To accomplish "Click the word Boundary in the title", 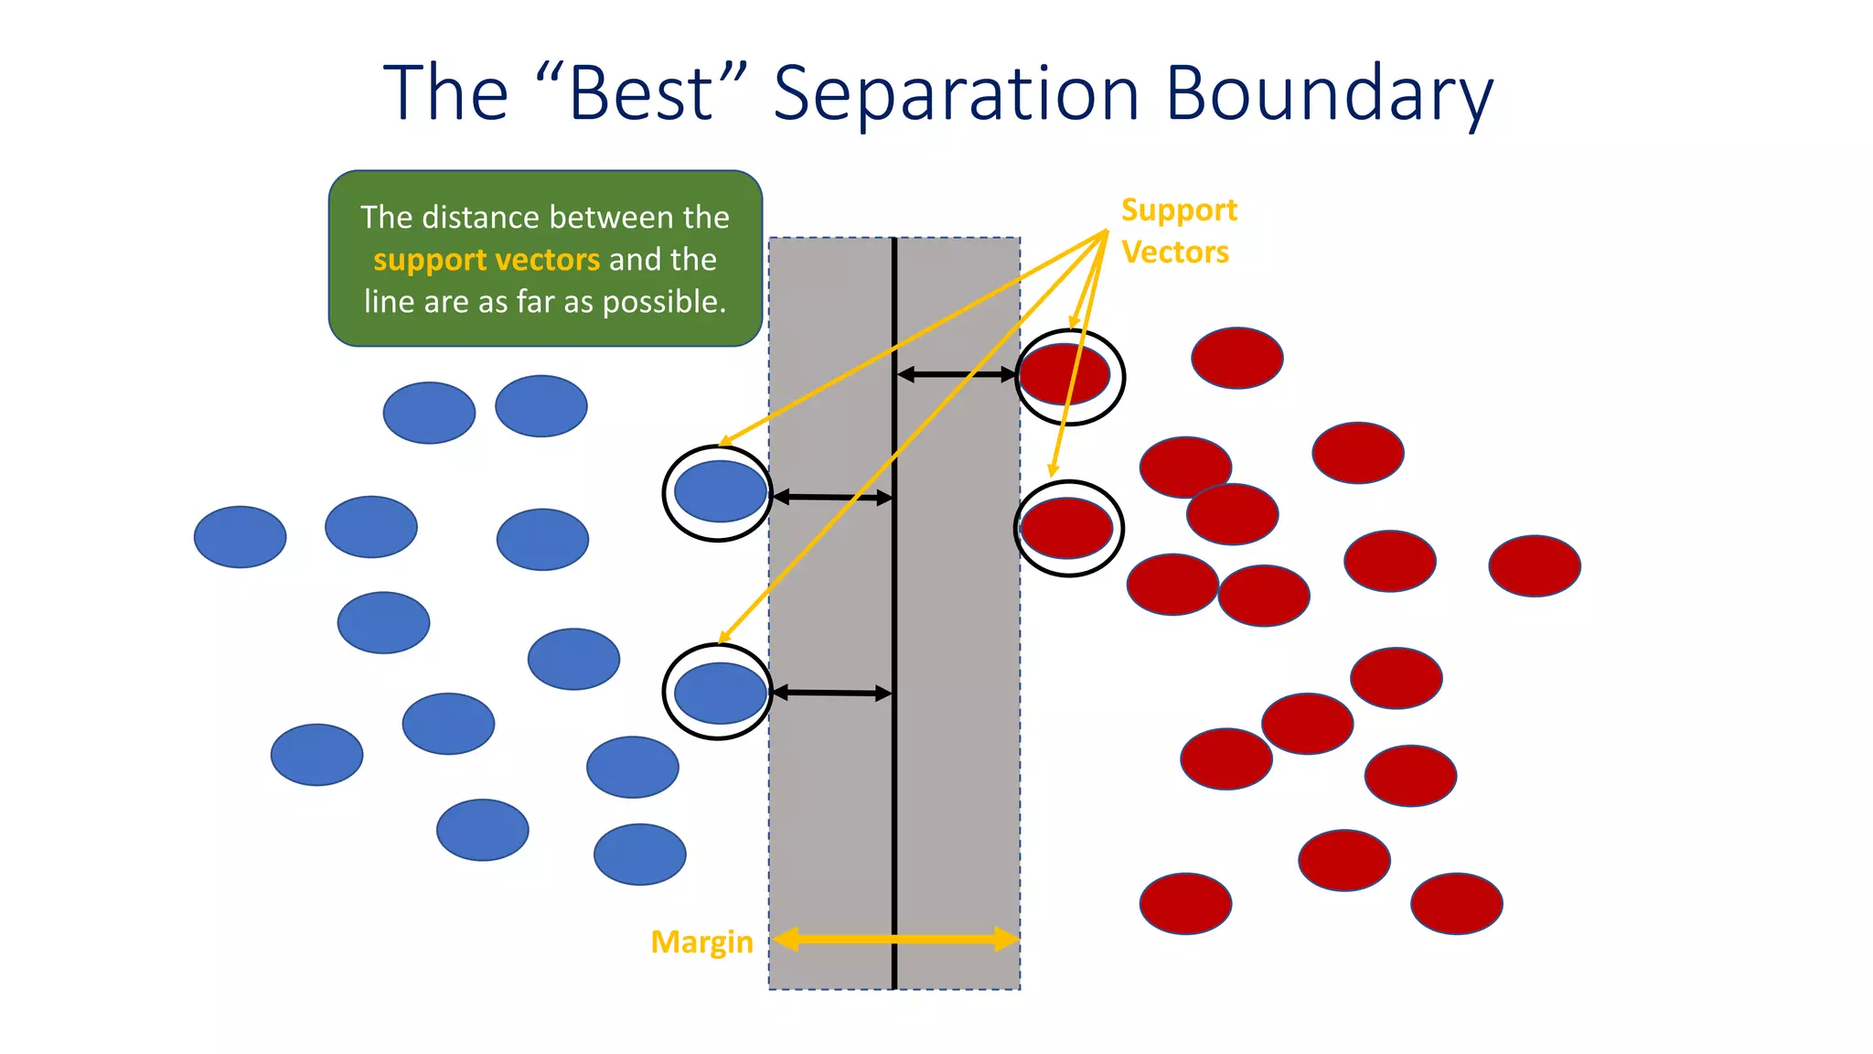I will click(x=1329, y=93).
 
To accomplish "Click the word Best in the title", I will click(x=640, y=93).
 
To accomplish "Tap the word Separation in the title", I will click(x=956, y=93).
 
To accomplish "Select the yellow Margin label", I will click(x=701, y=941).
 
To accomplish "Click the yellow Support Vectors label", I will click(x=1178, y=231).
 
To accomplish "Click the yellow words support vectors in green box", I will click(x=486, y=260).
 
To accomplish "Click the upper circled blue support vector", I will click(x=720, y=492).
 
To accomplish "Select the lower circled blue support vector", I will click(x=720, y=693).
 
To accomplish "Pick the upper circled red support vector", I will click(x=1065, y=375).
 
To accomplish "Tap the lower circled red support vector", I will click(x=1066, y=528).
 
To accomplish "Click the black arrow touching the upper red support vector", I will click(x=956, y=374).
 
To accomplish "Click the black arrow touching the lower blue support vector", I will click(x=831, y=693).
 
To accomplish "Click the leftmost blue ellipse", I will click(x=240, y=537).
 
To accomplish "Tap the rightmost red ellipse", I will click(x=1534, y=566).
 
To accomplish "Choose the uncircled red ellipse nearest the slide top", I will click(x=1236, y=358).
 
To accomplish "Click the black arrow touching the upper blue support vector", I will click(x=831, y=497).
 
